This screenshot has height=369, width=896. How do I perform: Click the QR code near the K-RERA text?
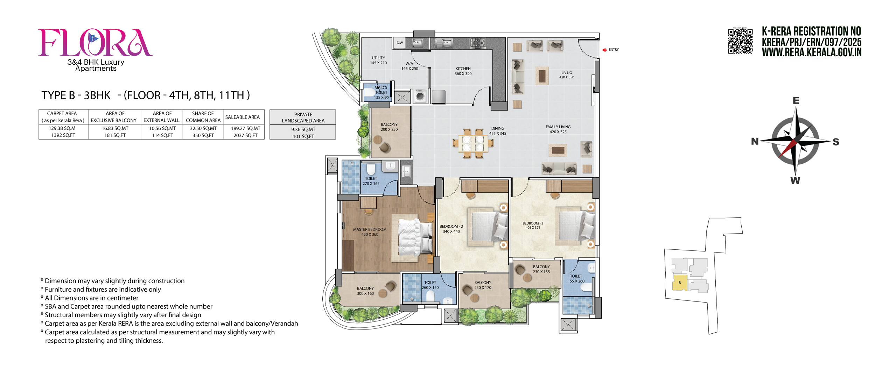click(x=740, y=41)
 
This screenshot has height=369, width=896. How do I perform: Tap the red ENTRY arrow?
click(x=604, y=50)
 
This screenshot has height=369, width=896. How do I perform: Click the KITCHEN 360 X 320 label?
click(x=463, y=71)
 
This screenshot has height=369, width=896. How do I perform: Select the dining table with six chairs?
click(x=473, y=143)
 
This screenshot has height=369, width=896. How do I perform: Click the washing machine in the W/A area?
click(x=420, y=96)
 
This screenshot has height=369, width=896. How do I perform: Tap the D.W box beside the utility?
click(x=400, y=43)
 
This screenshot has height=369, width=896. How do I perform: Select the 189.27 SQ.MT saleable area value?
click(x=245, y=128)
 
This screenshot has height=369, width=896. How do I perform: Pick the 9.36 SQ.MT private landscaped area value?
click(x=303, y=129)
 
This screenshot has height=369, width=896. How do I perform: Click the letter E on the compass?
click(x=796, y=101)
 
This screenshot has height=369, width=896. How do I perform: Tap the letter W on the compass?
click(x=795, y=180)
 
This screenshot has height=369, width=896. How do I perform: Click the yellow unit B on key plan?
click(x=680, y=283)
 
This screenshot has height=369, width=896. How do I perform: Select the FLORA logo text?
click(x=95, y=43)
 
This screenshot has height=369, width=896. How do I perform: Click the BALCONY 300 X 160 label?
click(x=365, y=291)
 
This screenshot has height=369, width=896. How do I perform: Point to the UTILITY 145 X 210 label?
click(x=378, y=60)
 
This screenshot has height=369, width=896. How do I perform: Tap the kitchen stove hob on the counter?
click(x=477, y=43)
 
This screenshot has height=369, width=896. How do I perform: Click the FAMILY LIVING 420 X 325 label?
click(x=558, y=129)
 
